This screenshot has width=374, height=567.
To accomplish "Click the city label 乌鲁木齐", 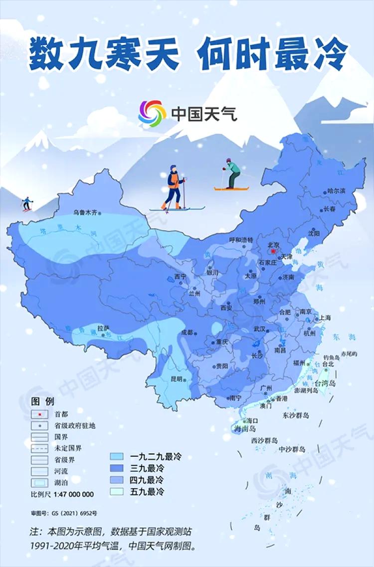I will pyautogui.click(x=84, y=212).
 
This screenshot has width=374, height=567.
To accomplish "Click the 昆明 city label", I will pyautogui.click(x=177, y=379).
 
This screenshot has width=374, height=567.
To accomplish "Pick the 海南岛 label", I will pyautogui.click(x=245, y=428).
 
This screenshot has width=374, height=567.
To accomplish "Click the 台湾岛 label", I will pyautogui.click(x=325, y=383).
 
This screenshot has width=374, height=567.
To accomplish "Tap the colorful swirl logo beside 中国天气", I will pyautogui.click(x=152, y=114).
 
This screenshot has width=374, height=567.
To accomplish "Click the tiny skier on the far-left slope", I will pyautogui.click(x=27, y=203).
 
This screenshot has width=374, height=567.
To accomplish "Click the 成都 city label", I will pyautogui.click(x=187, y=332).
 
